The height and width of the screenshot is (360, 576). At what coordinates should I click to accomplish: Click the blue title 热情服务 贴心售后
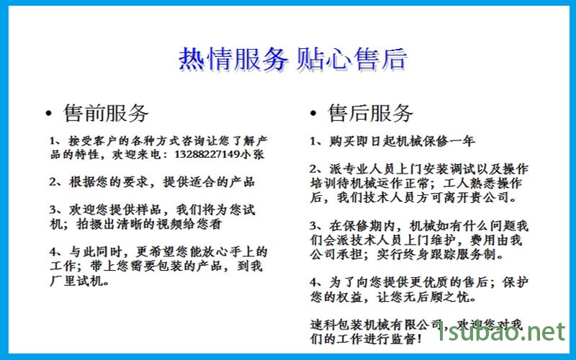coord(293,59)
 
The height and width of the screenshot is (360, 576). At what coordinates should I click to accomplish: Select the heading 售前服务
coord(106,113)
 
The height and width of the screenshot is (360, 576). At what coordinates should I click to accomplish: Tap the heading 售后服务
coord(370,113)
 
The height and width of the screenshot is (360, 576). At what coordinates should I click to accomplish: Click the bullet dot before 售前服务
coord(48,114)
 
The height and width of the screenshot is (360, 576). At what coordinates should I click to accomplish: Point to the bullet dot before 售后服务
coord(313,114)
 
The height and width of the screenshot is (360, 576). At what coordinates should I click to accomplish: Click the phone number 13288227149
coord(207,154)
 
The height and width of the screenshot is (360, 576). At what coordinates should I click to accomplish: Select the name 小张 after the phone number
coord(253,154)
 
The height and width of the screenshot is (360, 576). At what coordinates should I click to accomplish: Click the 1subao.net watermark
coord(502,332)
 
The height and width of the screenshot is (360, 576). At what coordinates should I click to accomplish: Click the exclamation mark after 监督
coord(419,339)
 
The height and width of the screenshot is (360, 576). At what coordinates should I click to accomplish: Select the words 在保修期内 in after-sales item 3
coord(362,225)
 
